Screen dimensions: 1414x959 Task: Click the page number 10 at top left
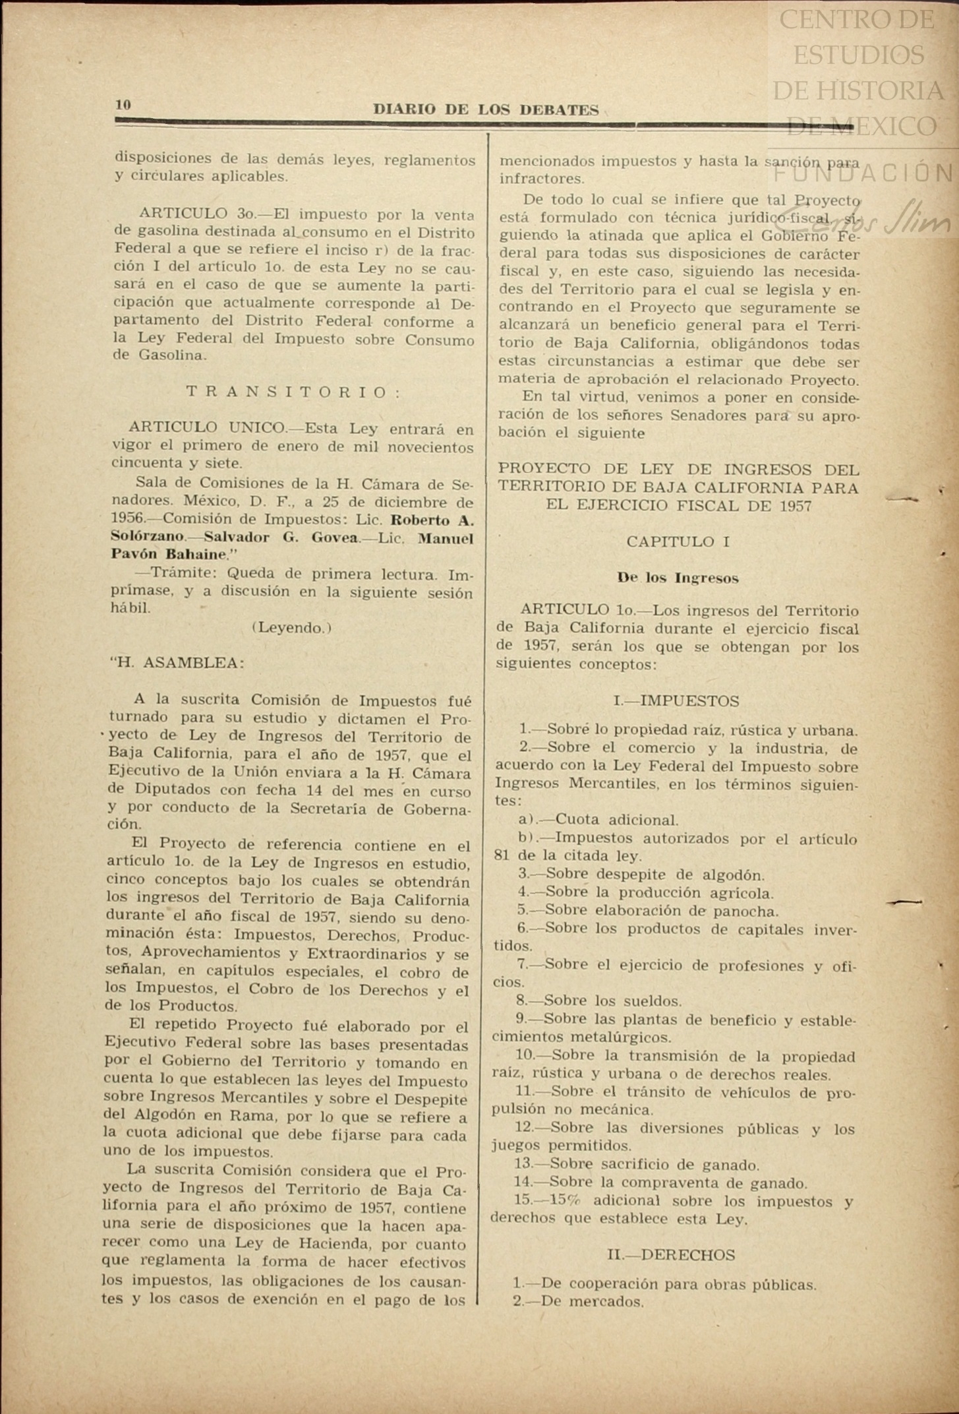(x=123, y=105)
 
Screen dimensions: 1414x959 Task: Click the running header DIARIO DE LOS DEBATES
(x=486, y=110)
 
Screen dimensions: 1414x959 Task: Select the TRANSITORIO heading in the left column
(x=293, y=392)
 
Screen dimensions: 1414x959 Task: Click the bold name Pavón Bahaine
(x=169, y=555)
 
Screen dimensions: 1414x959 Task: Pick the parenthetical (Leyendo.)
(x=292, y=628)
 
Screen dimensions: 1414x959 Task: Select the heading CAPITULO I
(x=678, y=542)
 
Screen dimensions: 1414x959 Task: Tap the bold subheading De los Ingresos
(x=678, y=578)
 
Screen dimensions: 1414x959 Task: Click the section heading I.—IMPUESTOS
(x=676, y=700)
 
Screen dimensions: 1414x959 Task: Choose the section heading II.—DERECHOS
(x=671, y=1254)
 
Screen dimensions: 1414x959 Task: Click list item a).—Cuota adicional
(x=598, y=820)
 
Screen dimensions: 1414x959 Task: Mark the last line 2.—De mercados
(x=578, y=1301)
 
